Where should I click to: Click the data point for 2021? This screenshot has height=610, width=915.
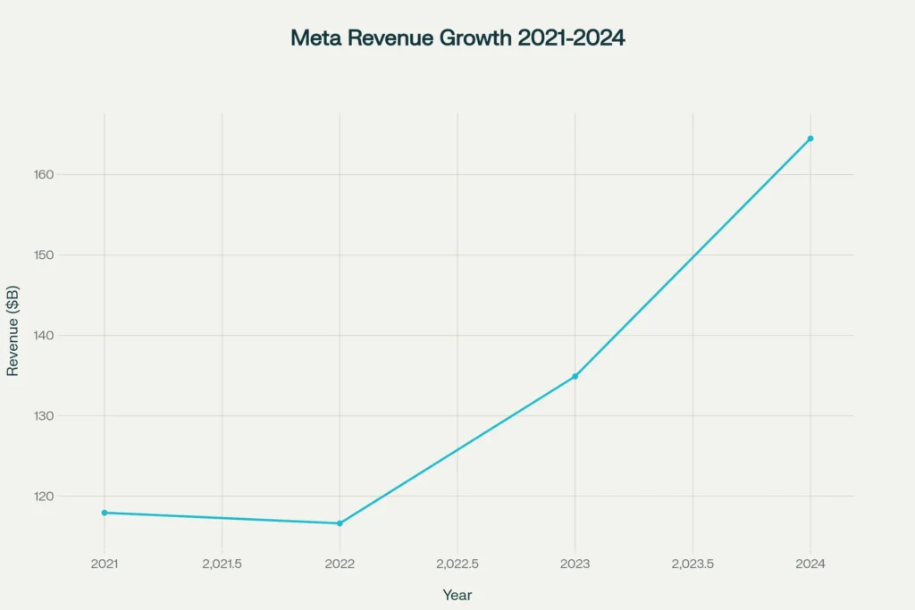(x=105, y=513)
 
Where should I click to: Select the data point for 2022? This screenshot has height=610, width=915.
(x=340, y=523)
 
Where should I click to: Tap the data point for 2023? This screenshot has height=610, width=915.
(x=575, y=376)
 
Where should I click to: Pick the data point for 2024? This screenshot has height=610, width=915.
(x=810, y=138)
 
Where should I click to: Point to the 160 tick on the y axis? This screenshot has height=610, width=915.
(x=68, y=175)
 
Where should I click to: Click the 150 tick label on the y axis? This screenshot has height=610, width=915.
(x=68, y=255)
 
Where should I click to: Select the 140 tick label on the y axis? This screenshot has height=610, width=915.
(x=68, y=336)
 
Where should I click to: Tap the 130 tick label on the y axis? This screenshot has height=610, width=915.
(x=68, y=416)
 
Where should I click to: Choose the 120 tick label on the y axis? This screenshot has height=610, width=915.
(x=68, y=497)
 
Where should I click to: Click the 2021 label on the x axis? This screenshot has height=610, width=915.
(x=105, y=564)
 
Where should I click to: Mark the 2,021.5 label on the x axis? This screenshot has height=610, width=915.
(x=222, y=564)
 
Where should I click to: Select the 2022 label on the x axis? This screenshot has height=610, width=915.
(x=340, y=564)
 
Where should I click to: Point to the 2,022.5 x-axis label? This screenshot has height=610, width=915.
(x=457, y=564)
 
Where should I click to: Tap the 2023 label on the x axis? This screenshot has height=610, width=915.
(x=575, y=564)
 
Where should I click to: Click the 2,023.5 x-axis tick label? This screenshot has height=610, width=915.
(x=693, y=564)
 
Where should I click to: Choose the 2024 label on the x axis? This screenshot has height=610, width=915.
(x=810, y=564)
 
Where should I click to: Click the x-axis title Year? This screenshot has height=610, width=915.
(x=457, y=595)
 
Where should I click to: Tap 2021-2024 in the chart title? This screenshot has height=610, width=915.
(x=571, y=38)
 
